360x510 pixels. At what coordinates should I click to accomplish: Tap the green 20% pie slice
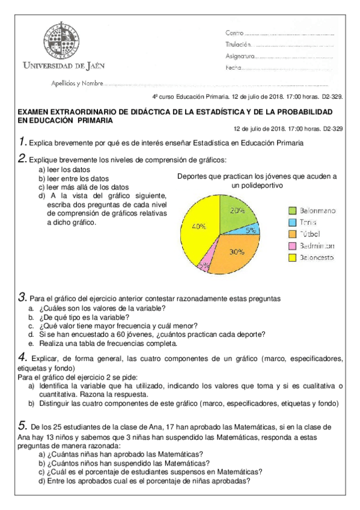[x=236, y=211]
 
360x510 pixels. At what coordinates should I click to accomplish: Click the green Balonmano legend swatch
[x=292, y=210]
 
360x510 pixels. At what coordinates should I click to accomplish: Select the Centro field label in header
[x=234, y=32]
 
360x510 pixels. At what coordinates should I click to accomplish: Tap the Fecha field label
[x=233, y=68]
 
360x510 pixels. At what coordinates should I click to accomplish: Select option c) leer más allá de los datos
[x=84, y=187]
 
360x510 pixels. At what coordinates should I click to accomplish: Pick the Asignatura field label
[x=240, y=56]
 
